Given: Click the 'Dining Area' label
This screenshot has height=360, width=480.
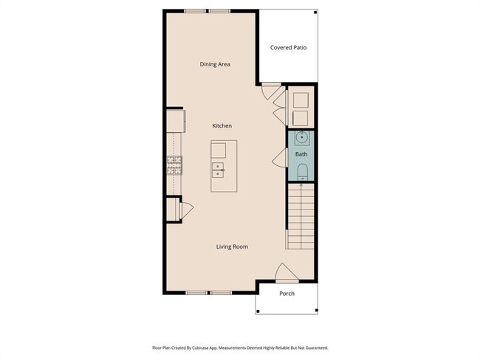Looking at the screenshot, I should (215, 64).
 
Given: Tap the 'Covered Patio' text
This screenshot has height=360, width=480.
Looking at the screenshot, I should (289, 48).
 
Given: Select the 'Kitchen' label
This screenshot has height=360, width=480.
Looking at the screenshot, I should (222, 126).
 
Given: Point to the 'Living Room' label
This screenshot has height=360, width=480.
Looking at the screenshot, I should (232, 246).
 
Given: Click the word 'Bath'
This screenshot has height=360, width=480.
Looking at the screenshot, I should (301, 154).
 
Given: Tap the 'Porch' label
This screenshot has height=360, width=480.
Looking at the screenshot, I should (287, 294).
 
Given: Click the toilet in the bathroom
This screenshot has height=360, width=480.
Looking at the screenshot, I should (301, 172).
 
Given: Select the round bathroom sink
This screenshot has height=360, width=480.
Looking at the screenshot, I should (301, 138).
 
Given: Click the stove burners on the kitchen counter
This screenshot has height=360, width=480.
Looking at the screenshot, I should (174, 165).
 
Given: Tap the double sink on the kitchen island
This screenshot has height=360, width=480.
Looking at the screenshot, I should (219, 171).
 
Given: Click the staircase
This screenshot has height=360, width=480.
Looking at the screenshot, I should (301, 218).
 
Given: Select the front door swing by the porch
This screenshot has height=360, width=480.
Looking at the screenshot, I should (287, 273).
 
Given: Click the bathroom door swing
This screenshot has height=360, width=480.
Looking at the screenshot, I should (281, 156).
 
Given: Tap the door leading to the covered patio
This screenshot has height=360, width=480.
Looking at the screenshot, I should (270, 93).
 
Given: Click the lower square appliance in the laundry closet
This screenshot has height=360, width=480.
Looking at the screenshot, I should (301, 117).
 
